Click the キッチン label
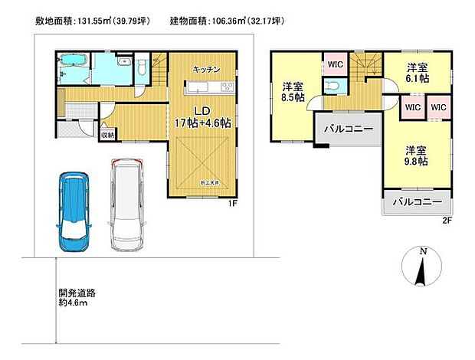click(206, 69)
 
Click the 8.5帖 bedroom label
click(293, 91)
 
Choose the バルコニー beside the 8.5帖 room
click(344, 128)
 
